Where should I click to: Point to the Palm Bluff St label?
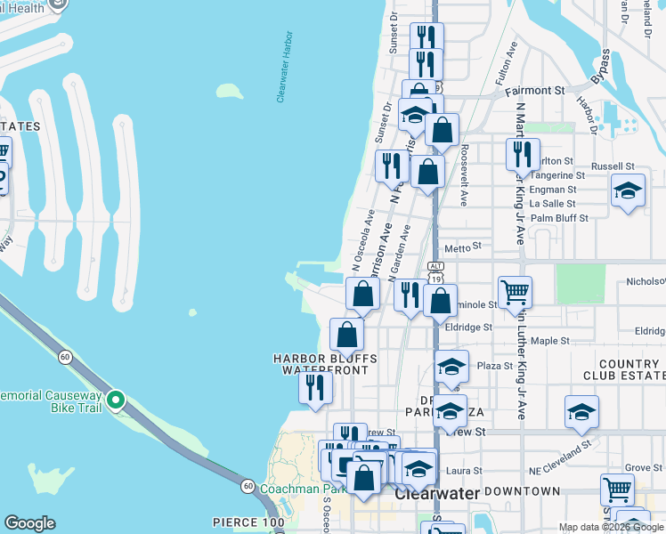[559, 218]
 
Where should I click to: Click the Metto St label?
[462, 247]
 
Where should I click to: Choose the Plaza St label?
[495, 366]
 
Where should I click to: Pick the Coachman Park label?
[304, 489]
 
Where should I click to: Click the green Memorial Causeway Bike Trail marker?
[115, 400]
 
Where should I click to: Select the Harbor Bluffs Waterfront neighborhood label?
[325, 363]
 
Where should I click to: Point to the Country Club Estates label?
[629, 370]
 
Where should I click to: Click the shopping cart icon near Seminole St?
[515, 291]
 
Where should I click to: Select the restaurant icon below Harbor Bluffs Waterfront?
[315, 387]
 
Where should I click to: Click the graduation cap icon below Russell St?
[628, 190]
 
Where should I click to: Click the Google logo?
[29, 523]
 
